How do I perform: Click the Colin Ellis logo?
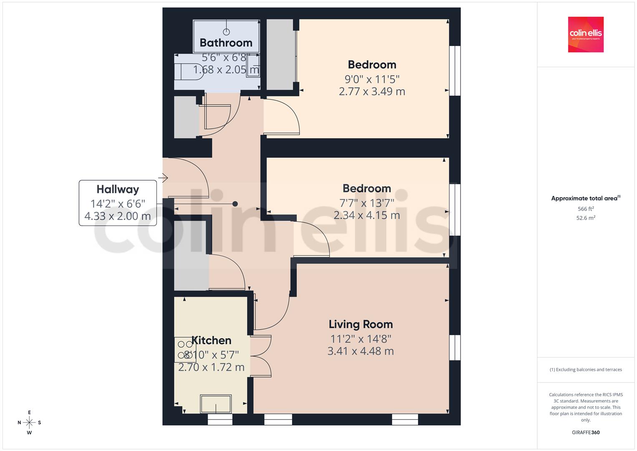click(586, 34)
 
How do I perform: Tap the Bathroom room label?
click(226, 43)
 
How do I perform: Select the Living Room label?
click(360, 324)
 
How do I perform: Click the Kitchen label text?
click(211, 340)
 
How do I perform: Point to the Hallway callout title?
click(118, 189)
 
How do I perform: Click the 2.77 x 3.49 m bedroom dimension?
click(372, 91)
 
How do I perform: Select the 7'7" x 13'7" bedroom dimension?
click(367, 203)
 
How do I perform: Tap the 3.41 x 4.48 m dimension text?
click(360, 351)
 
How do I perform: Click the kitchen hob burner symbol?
click(185, 350)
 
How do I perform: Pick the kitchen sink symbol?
click(216, 404)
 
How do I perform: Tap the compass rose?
click(29, 423)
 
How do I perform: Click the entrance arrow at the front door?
click(163, 177)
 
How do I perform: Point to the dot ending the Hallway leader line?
click(235, 204)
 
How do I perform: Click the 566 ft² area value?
click(586, 209)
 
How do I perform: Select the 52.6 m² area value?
click(586, 218)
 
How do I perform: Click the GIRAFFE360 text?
click(586, 433)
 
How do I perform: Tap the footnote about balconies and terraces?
click(586, 370)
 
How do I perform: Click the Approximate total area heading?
click(586, 198)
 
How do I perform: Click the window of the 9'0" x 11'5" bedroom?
click(455, 71)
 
